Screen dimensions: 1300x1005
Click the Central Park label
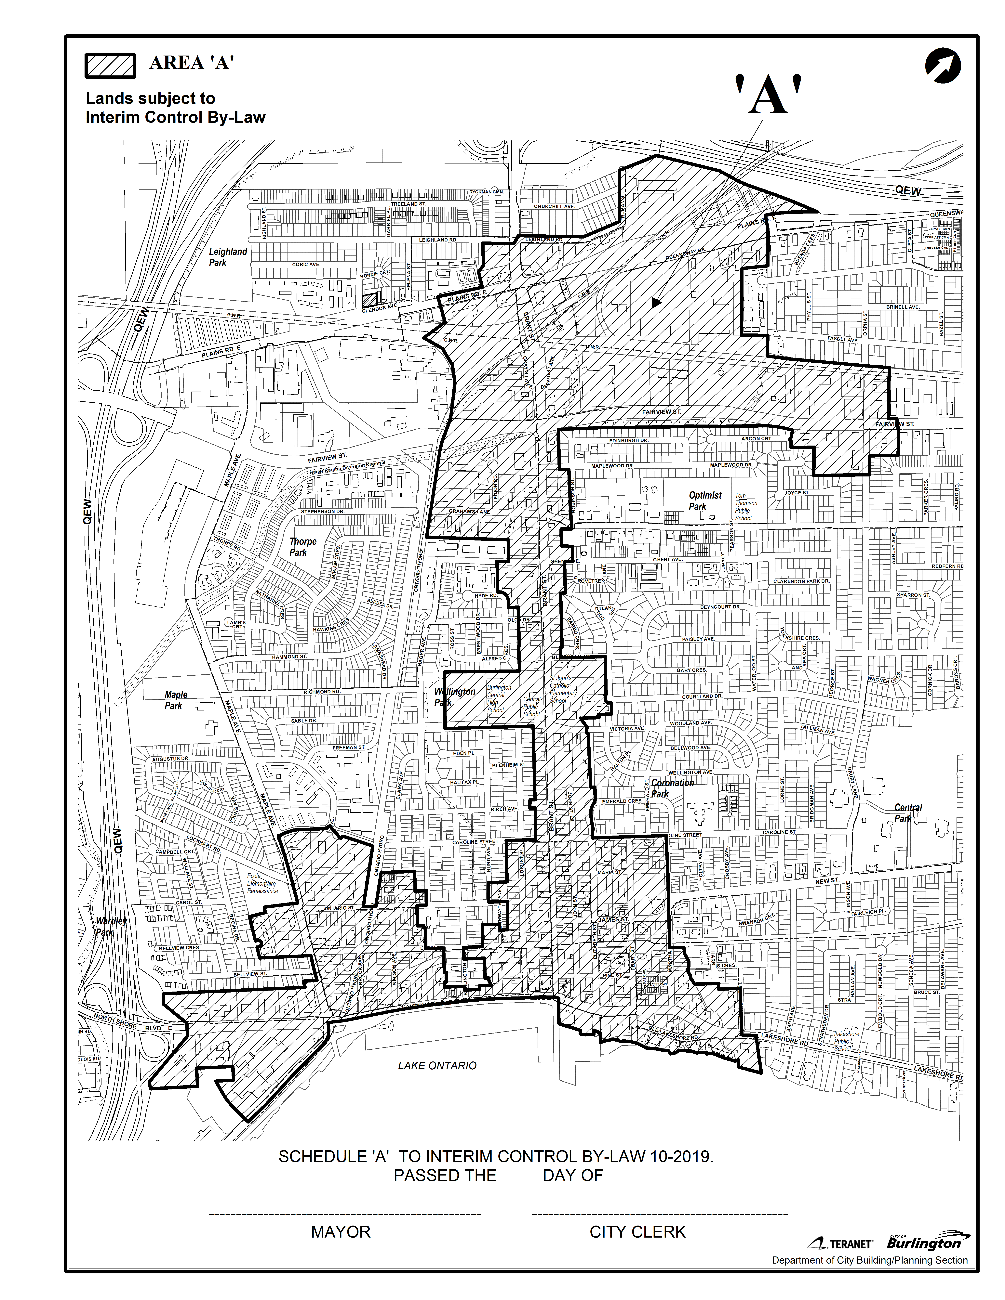(908, 813)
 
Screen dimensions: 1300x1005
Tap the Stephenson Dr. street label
(323, 511)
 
